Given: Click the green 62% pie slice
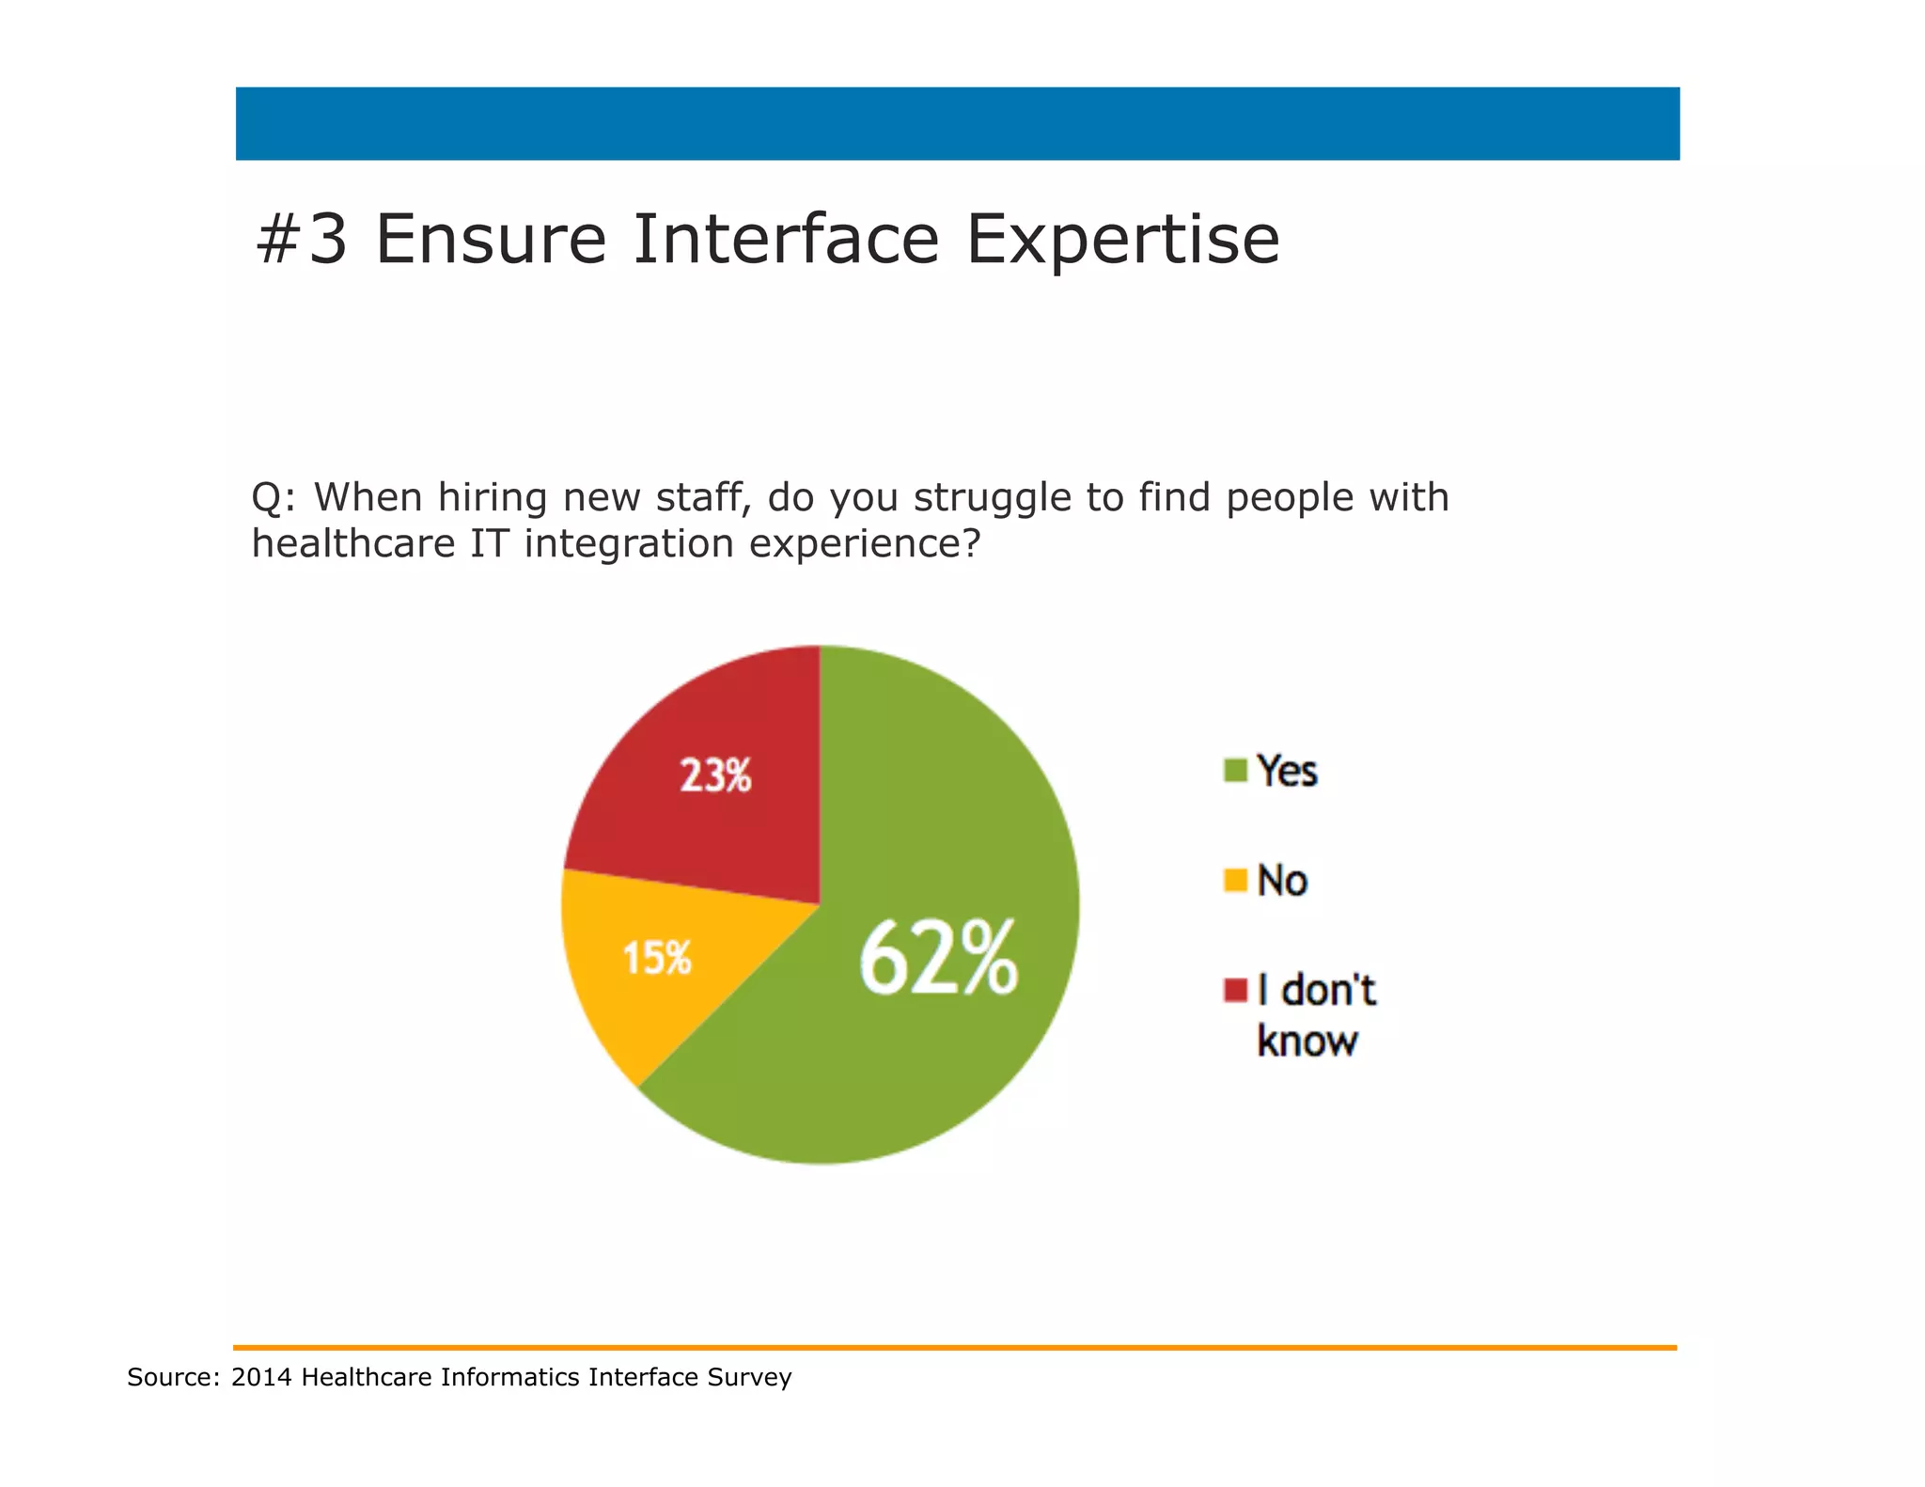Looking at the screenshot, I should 902,1053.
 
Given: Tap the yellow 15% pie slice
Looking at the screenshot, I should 639,996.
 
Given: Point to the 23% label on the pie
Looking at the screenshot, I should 715,776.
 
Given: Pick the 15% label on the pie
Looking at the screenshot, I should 657,959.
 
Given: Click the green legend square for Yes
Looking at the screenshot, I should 1235,771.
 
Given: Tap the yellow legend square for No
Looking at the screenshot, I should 1235,881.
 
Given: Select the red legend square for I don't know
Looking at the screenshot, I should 1235,990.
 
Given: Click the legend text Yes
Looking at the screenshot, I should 1287,771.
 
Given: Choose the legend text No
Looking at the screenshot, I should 1282,881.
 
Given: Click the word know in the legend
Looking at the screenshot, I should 1307,1041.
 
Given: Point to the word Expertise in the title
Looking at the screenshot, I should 1122,240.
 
